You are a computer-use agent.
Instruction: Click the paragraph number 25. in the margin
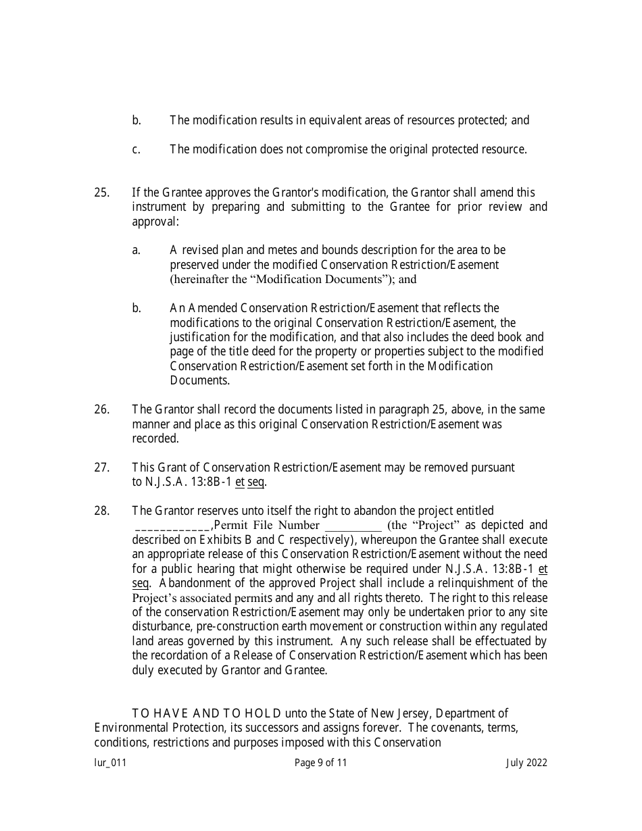101,193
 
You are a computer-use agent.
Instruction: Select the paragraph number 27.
101,468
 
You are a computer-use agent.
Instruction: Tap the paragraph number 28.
101,511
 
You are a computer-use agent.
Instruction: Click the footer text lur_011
110,763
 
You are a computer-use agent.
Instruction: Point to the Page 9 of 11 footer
321,763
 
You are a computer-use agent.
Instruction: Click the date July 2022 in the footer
526,763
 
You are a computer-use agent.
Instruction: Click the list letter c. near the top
136,149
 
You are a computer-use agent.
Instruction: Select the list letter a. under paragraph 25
136,251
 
